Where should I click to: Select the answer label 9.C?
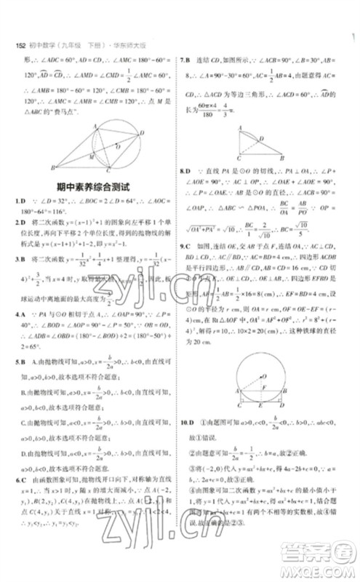pyautogui.click(x=188, y=247)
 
